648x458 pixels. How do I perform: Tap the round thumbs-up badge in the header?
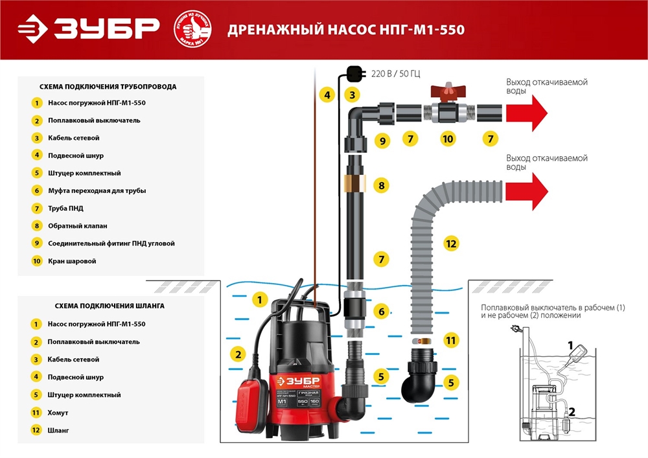click(194, 29)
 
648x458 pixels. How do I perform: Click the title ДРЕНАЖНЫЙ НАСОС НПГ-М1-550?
click(345, 30)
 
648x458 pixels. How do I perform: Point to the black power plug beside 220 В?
click(354, 73)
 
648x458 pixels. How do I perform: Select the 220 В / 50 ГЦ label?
click(399, 74)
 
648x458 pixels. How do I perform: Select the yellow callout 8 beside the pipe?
click(381, 186)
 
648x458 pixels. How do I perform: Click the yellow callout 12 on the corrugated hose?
click(451, 244)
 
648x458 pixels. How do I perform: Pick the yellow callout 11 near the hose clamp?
click(451, 339)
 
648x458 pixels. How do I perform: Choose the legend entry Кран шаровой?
click(72, 261)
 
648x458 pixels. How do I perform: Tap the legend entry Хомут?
click(58, 412)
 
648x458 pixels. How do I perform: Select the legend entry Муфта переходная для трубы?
click(97, 190)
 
